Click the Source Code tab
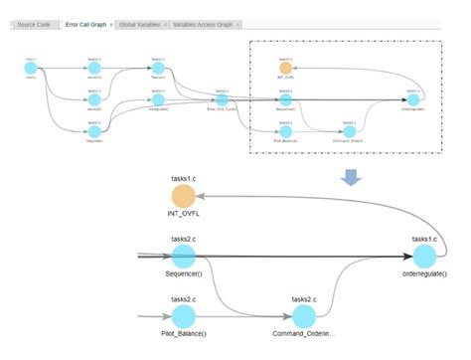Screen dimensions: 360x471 tap(35, 23)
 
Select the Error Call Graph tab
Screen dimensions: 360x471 tap(84, 23)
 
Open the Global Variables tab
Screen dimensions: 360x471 tap(138, 23)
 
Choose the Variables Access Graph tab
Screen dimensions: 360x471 tap(204, 23)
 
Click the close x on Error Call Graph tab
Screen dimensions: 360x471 tap(111, 23)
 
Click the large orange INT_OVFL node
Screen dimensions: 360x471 tap(183, 196)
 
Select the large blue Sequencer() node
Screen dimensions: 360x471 tap(183, 257)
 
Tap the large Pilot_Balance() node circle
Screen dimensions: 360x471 tap(183, 316)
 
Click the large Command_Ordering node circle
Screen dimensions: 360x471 tap(304, 316)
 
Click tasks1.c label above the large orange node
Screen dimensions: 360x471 tap(183, 176)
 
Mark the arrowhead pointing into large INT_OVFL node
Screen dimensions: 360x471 tap(201, 194)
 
